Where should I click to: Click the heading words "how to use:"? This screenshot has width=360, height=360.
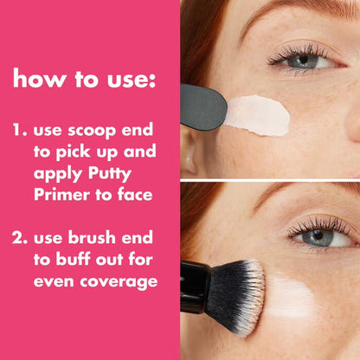(x=84, y=80)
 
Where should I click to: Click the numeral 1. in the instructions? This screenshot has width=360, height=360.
(x=20, y=132)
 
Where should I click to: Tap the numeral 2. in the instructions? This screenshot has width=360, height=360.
(x=21, y=239)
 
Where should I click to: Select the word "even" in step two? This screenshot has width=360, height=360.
(x=53, y=282)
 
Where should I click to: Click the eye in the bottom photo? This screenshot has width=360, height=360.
(x=317, y=235)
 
